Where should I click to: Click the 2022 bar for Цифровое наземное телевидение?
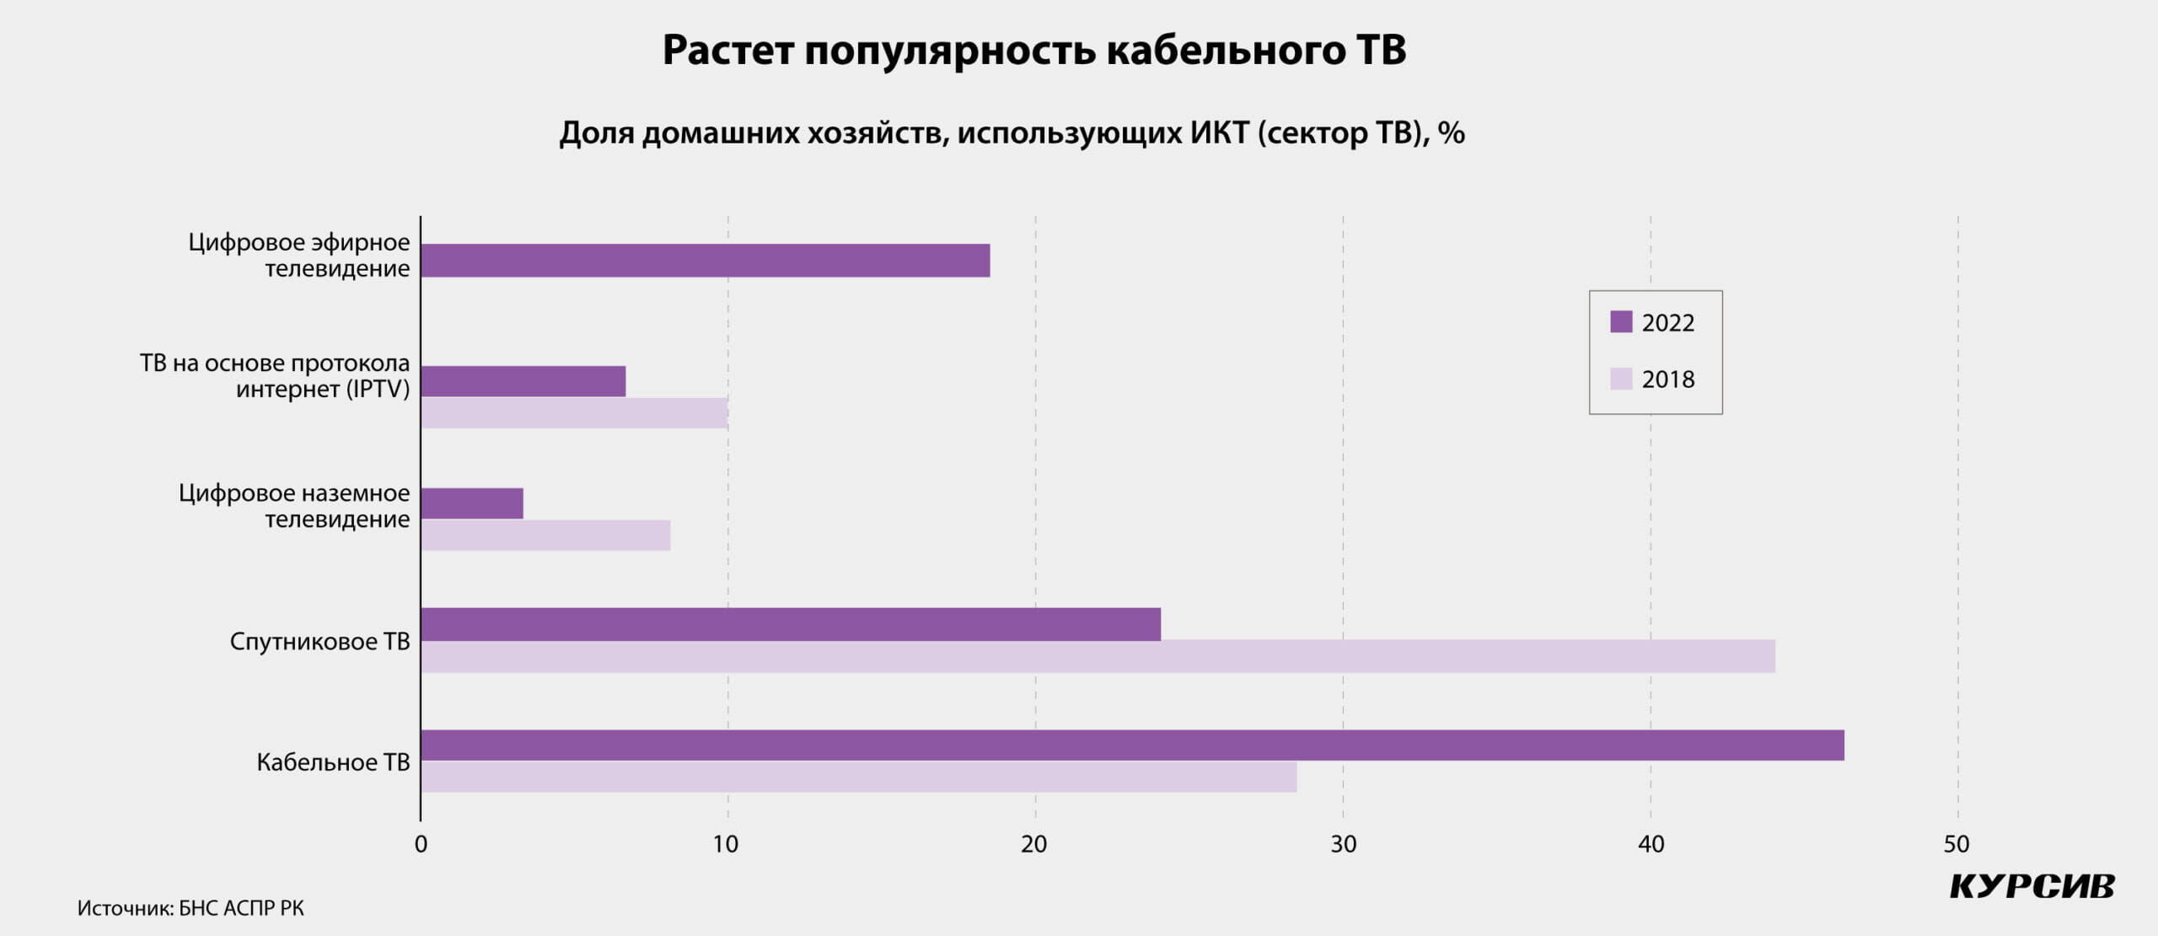pyautogui.click(x=471, y=503)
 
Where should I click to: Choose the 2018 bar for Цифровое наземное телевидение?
pyautogui.click(x=545, y=535)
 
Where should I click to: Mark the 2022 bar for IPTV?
pyautogui.click(x=523, y=381)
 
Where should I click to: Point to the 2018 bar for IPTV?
pyautogui.click(x=574, y=413)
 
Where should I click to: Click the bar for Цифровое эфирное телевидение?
pyautogui.click(x=705, y=261)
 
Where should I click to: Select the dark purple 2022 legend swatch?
pyautogui.click(x=1620, y=321)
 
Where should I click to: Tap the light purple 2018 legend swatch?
pyautogui.click(x=1620, y=379)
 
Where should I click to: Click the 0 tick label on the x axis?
pyautogui.click(x=421, y=844)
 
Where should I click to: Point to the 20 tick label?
pyautogui.click(x=1034, y=844)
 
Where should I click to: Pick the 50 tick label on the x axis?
pyautogui.click(x=1957, y=844)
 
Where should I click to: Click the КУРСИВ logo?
pyautogui.click(x=2032, y=886)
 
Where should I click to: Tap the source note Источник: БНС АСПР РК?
pyautogui.click(x=191, y=908)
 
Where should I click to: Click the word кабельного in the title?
pyautogui.click(x=1227, y=50)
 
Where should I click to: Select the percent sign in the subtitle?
pyautogui.click(x=1451, y=133)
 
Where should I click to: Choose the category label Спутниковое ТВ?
pyautogui.click(x=319, y=642)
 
